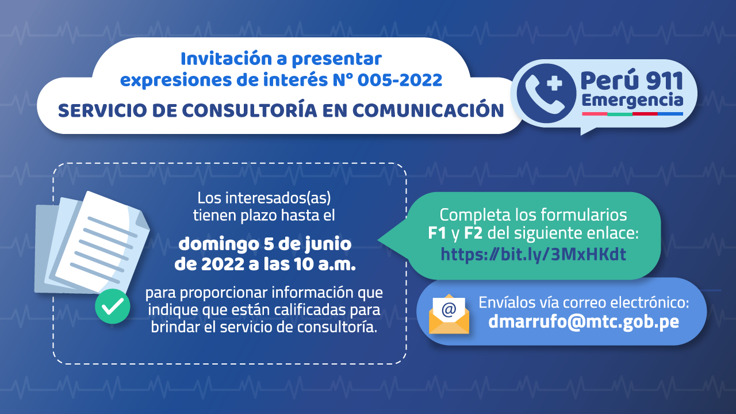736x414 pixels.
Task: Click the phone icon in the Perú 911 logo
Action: coord(546,93)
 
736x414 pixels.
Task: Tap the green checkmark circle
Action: coord(112,306)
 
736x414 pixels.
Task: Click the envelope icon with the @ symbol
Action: coord(449,315)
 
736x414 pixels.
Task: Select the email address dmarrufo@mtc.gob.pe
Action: coord(584,321)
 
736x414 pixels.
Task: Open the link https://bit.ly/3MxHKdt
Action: coord(533,254)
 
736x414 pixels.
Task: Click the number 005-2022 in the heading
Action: coord(400,80)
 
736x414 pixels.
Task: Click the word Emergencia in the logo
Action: coord(632,100)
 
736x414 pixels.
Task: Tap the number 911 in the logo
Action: coord(664,81)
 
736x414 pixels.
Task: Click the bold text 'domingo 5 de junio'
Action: coord(265,244)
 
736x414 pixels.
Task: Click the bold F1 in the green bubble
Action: coord(437,233)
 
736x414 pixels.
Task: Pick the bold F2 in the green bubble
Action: coord(473,233)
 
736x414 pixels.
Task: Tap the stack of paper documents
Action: coord(92,243)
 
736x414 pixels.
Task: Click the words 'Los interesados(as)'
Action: coord(264,198)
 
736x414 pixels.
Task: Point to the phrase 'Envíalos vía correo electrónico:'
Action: coord(584,302)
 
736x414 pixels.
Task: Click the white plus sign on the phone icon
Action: coord(554,83)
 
